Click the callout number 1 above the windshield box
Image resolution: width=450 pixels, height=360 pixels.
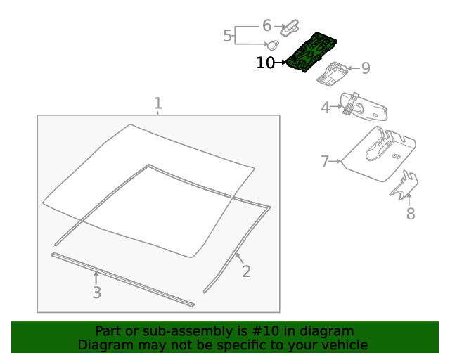158,103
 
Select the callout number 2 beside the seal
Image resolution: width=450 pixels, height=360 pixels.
246,271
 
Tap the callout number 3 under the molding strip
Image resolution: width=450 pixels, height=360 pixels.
96,292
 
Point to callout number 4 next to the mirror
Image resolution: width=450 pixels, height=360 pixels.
326,108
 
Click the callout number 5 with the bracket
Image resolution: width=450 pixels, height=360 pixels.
228,35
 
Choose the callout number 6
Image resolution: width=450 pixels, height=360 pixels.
267,25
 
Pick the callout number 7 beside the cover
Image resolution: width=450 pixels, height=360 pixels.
325,162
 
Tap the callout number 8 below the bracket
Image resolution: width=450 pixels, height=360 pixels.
411,212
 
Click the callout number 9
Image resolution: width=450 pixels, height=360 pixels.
365,68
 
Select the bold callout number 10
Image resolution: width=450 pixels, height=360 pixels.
266,63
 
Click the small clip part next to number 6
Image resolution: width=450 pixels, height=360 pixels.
289,28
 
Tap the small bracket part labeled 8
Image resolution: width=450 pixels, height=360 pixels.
405,186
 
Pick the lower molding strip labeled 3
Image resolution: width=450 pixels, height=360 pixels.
123,280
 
